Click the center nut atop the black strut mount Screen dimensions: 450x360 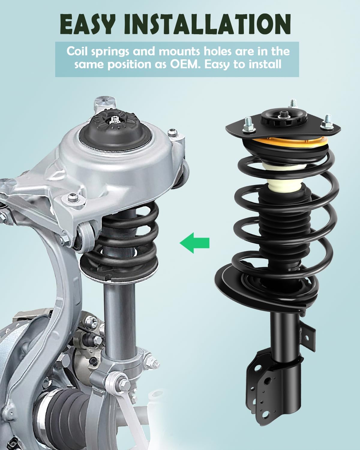[x=283, y=114]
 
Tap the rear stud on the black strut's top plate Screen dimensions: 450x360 [x=292, y=104]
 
